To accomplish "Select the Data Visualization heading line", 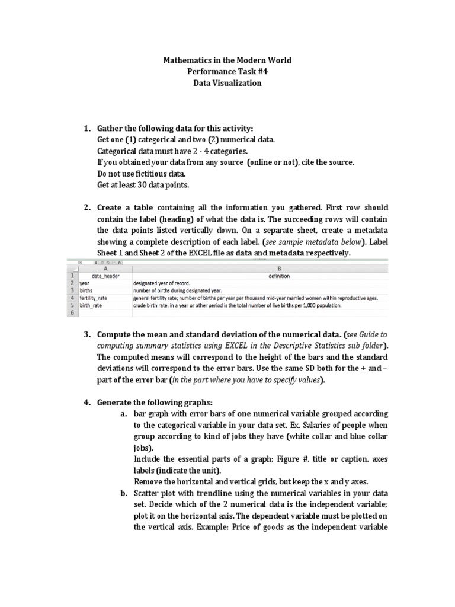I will click(227, 84).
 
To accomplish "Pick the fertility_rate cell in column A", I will click(95, 298).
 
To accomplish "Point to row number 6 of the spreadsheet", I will click(72, 313).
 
